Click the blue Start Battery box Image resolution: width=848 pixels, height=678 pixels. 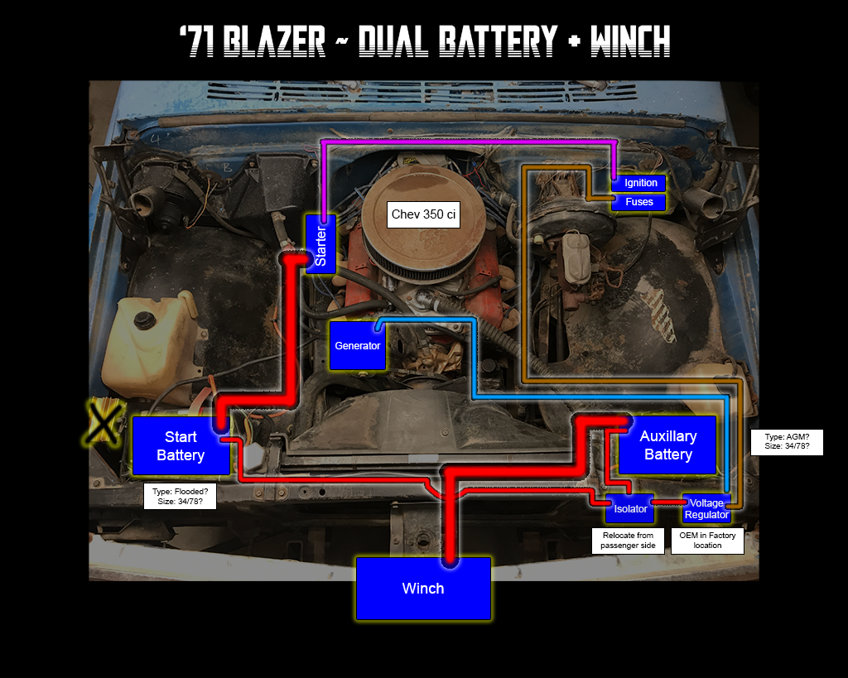click(x=181, y=446)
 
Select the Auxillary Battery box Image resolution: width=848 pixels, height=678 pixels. click(x=667, y=445)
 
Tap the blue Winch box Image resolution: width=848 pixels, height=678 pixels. click(x=423, y=589)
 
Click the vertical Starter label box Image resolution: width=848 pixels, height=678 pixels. click(x=320, y=243)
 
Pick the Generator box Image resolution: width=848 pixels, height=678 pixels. click(x=358, y=345)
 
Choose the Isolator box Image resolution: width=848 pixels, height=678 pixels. click(x=629, y=509)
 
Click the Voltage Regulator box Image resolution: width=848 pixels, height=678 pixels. click(x=706, y=509)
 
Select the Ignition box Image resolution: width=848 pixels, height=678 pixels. click(x=640, y=183)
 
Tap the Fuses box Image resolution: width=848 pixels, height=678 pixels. click(x=639, y=202)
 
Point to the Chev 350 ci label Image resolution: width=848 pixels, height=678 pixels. click(x=423, y=214)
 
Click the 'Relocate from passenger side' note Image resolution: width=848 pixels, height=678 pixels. click(x=628, y=541)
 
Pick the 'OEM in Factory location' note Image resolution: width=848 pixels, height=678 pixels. click(x=707, y=541)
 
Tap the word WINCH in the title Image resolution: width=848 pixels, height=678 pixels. click(x=629, y=41)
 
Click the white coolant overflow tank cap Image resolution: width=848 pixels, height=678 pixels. click(x=150, y=319)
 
